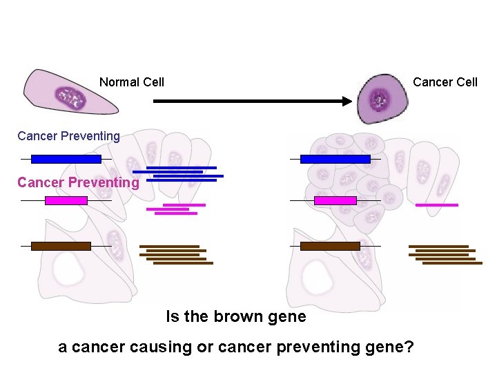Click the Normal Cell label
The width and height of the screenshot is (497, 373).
131,82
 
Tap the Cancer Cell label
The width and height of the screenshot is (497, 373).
445,82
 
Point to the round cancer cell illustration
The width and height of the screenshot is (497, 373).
380,98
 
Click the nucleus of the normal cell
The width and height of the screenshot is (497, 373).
70,98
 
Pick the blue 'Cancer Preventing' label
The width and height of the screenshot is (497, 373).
68,136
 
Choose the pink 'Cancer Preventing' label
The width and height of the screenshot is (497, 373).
78,182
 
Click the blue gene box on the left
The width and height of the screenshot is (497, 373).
66,159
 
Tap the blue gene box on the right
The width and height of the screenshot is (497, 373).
335,159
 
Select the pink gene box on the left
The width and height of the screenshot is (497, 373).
66,200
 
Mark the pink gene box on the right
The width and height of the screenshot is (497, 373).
335,200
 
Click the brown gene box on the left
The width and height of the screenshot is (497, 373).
61,246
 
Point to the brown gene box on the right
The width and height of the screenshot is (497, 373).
330,246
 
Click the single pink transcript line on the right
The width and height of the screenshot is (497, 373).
436,205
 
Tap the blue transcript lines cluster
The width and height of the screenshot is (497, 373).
178,173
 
